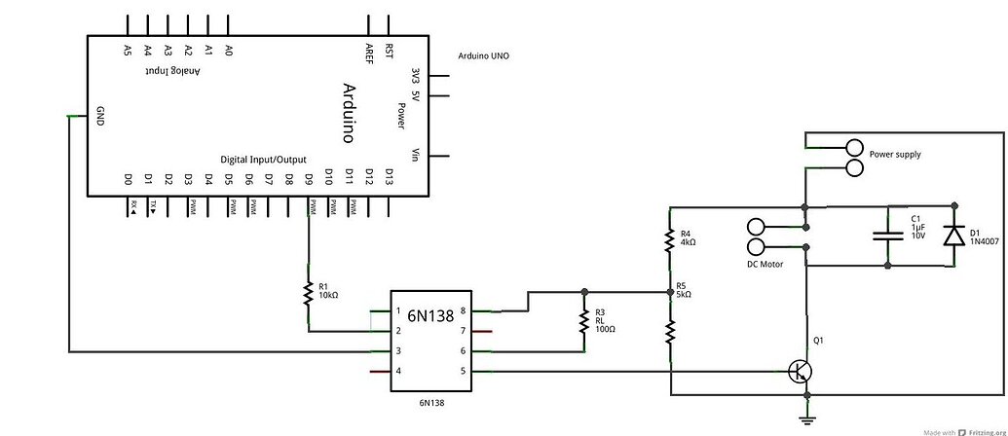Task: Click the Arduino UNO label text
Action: coord(483,56)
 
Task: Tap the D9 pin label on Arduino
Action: coord(309,179)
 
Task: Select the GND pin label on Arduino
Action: coord(99,116)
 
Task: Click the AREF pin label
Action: coord(369,50)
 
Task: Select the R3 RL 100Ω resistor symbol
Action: coord(583,321)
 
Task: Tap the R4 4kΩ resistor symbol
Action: coord(670,238)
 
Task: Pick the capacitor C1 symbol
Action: coord(888,235)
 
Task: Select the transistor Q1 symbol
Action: coord(802,371)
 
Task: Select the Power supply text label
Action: coord(895,154)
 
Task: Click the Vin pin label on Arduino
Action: coord(417,156)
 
